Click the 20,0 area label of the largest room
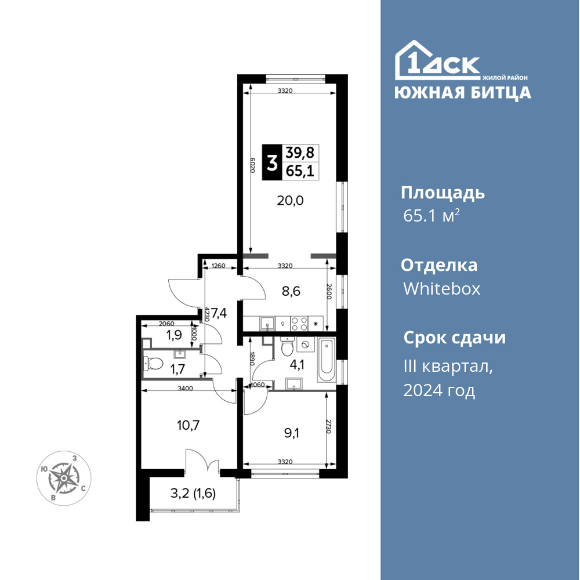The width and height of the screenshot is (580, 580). (x=291, y=201)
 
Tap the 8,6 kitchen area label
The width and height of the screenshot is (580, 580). (x=291, y=292)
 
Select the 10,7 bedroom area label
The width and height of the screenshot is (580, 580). (x=188, y=425)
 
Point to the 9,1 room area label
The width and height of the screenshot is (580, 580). (x=292, y=433)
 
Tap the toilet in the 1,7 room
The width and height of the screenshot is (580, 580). (x=154, y=363)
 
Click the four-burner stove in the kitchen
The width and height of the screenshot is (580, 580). (x=299, y=324)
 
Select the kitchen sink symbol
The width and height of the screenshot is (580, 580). (x=267, y=324)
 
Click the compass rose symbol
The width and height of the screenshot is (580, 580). (x=64, y=478)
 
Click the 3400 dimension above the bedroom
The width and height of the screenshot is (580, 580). (x=186, y=388)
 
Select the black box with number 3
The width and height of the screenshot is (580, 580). (x=272, y=162)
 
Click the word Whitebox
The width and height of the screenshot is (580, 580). (x=441, y=288)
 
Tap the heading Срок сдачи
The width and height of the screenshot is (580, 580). (x=454, y=338)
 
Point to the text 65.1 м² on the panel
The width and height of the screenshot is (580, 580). (x=432, y=215)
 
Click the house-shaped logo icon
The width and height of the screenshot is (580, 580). (x=437, y=60)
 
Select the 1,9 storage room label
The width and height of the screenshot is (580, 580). (x=173, y=335)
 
